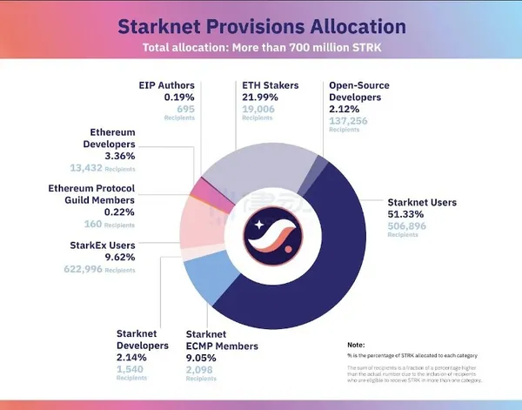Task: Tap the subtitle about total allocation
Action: pyautogui.click(x=260, y=48)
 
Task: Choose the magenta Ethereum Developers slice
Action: pyautogui.click(x=203, y=186)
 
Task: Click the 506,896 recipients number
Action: pyautogui.click(x=408, y=226)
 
